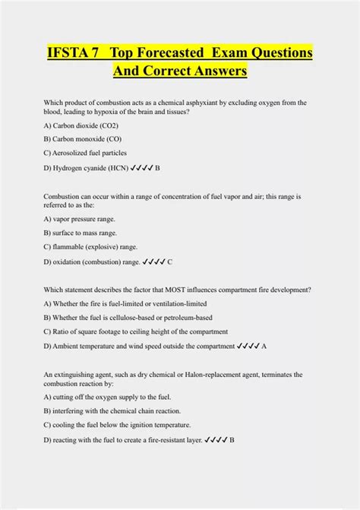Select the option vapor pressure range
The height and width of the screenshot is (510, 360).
[80, 218]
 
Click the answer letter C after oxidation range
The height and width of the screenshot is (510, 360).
[170, 261]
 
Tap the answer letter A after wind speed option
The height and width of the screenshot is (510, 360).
[264, 346]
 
